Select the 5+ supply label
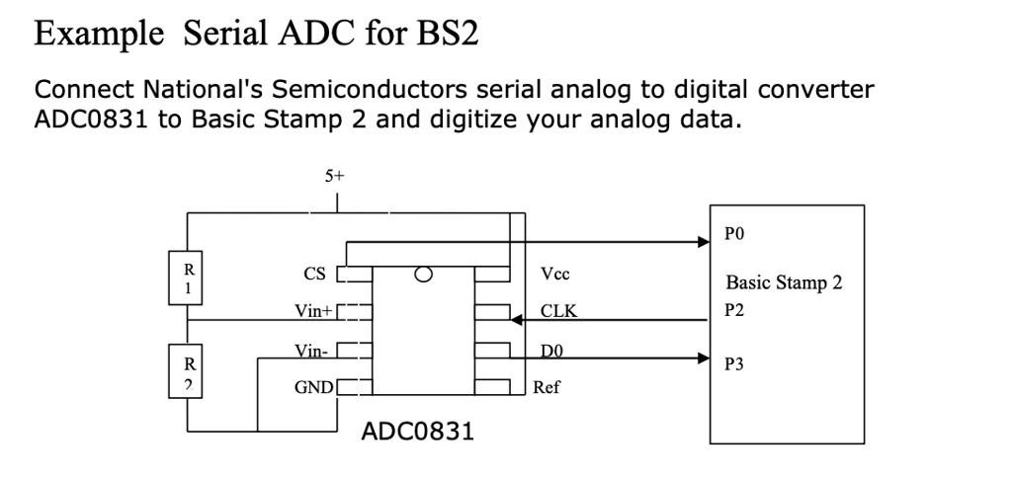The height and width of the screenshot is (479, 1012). tap(335, 177)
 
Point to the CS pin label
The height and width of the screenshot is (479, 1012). tap(315, 274)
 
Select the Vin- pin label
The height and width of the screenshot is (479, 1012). tap(310, 351)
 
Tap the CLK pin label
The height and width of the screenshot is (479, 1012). tap(558, 313)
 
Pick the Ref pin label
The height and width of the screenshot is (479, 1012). tap(546, 388)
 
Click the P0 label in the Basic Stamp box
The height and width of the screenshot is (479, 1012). tap(733, 236)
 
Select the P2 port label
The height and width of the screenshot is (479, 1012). tap(733, 310)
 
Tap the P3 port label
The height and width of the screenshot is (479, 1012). tap(733, 364)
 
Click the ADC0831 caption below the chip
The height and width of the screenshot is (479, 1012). tap(417, 433)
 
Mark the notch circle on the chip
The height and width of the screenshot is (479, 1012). tap(425, 275)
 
